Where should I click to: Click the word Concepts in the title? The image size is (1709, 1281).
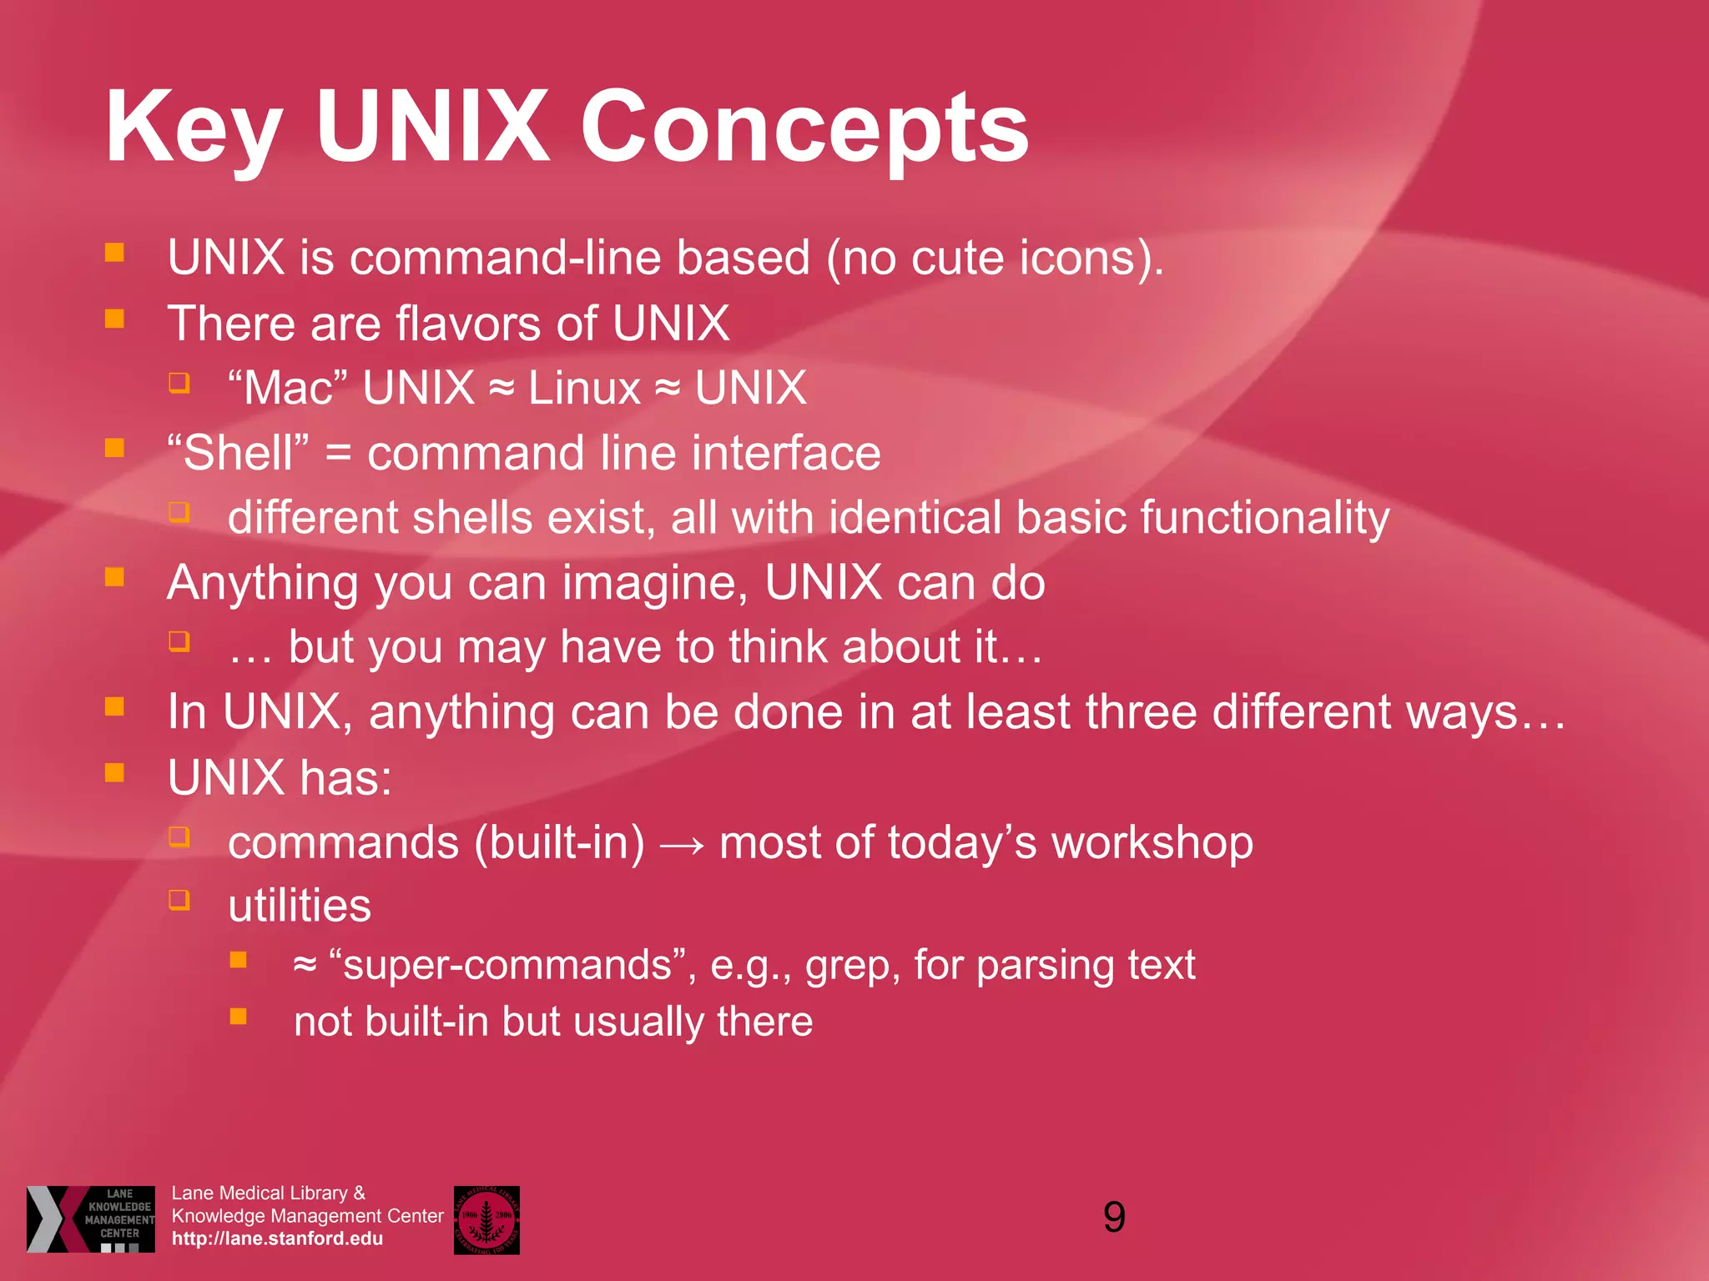pyautogui.click(x=804, y=127)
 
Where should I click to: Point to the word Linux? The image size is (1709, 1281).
pyautogui.click(x=584, y=388)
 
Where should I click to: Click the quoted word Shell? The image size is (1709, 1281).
pyautogui.click(x=238, y=453)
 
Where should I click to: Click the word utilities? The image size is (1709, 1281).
pyautogui.click(x=300, y=906)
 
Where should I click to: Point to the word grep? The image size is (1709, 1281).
pyautogui.click(x=852, y=966)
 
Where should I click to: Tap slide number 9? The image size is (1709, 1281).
pyautogui.click(x=1114, y=1217)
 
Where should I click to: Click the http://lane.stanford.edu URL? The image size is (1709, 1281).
pyautogui.click(x=277, y=1239)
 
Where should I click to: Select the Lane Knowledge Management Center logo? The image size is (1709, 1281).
pyautogui.click(x=91, y=1218)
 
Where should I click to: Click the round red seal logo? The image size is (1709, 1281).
pyautogui.click(x=486, y=1220)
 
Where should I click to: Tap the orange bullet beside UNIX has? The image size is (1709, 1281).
pyautogui.click(x=115, y=772)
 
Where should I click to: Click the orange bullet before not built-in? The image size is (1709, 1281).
pyautogui.click(x=239, y=1017)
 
